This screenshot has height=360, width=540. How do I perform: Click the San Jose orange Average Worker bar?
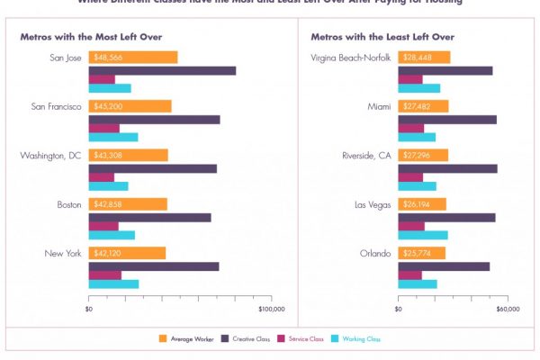[132, 58]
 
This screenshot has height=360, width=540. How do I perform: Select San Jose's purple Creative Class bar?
[162, 70]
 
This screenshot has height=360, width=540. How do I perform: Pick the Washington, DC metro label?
[50, 156]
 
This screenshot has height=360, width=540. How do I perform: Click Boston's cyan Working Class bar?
[112, 236]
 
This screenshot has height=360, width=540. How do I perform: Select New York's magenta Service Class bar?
[104, 274]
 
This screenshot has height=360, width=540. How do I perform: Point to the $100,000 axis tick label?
[272, 309]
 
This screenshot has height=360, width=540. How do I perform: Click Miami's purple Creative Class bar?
[446, 120]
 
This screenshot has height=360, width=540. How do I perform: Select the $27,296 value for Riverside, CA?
[417, 156]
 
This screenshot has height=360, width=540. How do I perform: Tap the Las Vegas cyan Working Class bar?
[423, 236]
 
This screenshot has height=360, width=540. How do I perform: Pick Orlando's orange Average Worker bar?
[421, 253]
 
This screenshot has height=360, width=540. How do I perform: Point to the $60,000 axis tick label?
[508, 309]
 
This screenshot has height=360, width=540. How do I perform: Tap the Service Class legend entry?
[301, 338]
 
